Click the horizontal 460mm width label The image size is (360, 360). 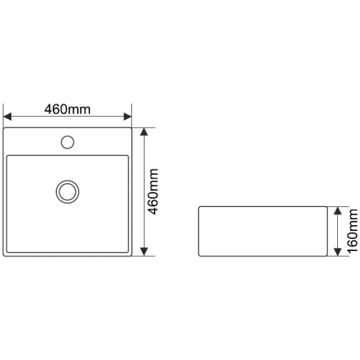[x=67, y=109]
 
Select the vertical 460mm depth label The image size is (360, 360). [x=153, y=192]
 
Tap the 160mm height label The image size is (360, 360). [x=353, y=232]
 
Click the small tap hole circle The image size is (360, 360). [x=67, y=142]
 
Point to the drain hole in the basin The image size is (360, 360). [x=67, y=192]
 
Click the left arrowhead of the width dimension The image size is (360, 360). [x=7, y=116]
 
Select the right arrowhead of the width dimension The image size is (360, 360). [x=128, y=116]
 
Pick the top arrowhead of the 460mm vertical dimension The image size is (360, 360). [x=144, y=131]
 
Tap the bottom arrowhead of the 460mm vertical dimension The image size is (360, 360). [x=144, y=252]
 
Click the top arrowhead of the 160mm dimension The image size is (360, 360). [x=337, y=211]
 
